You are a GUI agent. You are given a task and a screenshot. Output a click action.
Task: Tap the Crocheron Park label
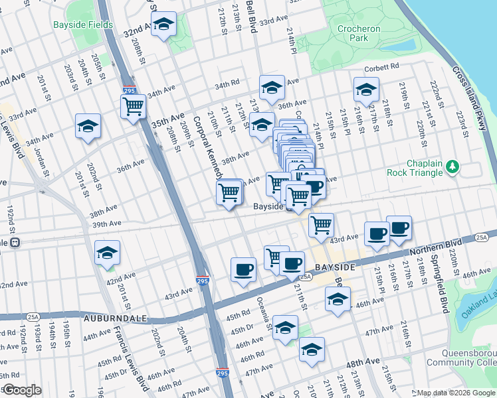359,34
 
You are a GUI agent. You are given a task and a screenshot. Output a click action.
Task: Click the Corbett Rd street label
381,67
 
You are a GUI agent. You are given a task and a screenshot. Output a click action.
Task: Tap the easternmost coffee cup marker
399,228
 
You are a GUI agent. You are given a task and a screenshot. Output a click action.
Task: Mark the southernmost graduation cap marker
311,350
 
